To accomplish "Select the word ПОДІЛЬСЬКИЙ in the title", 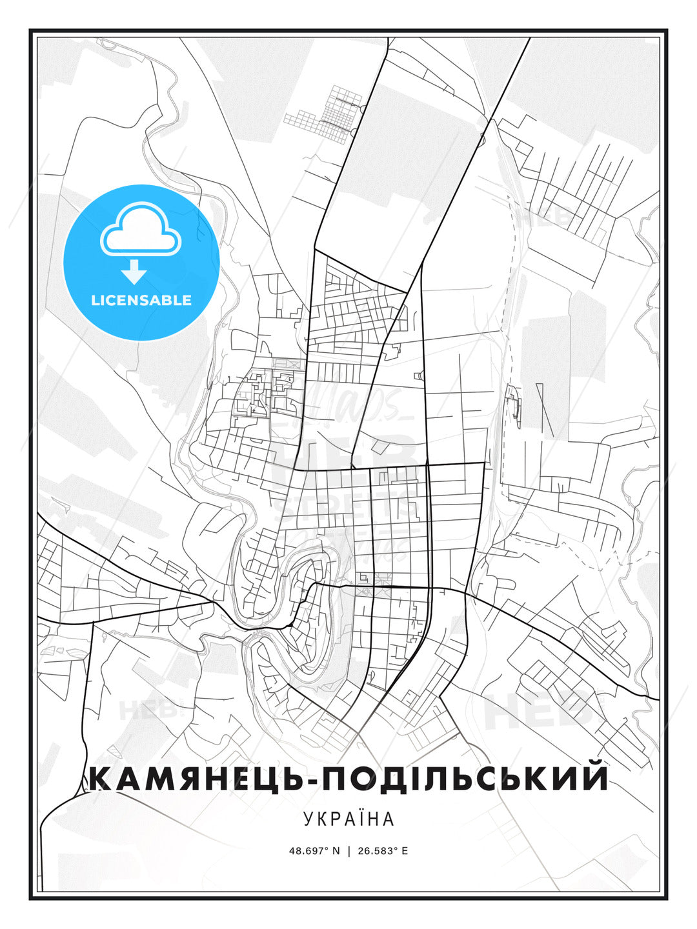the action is tap(465, 779).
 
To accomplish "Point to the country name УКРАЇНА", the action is tap(348, 819).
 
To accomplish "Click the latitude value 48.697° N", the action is tap(314, 851).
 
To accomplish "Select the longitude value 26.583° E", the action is tap(383, 851).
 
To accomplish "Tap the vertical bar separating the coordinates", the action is tap(349, 851).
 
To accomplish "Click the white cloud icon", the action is tap(141, 231).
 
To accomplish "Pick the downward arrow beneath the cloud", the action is tap(135, 273).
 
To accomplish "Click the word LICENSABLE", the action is tap(141, 301).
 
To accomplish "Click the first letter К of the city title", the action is tap(101, 779).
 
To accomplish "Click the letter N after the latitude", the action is tap(336, 851).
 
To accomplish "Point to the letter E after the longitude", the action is tap(405, 851).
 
